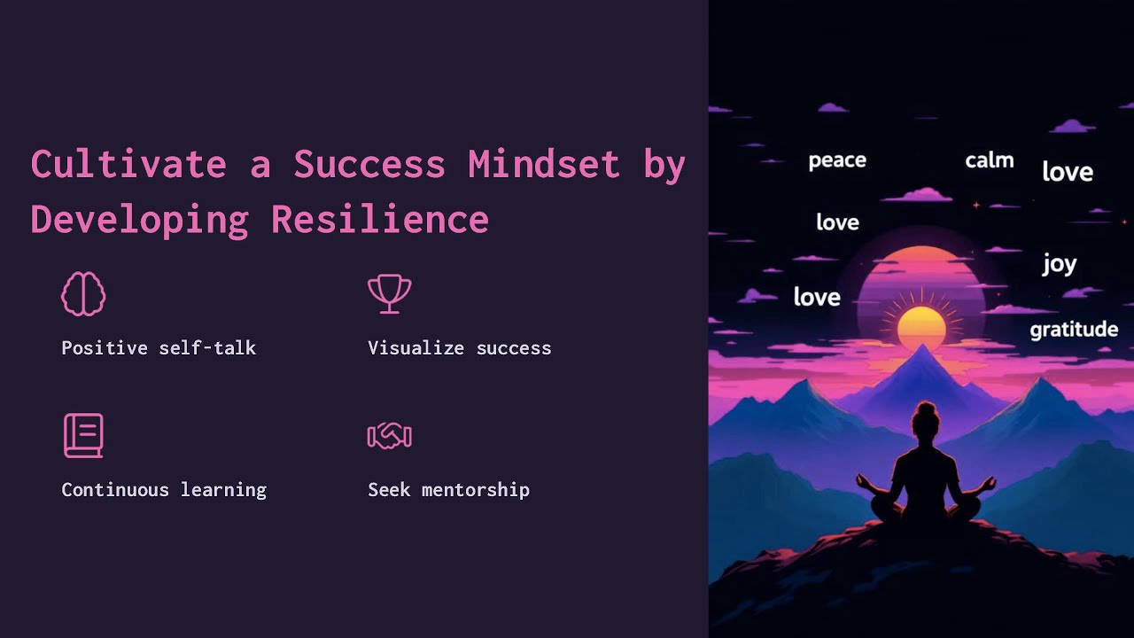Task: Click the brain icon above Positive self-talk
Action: tap(83, 293)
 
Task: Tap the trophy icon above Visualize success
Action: tap(390, 293)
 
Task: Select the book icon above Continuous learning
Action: tap(83, 435)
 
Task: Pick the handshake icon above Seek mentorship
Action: tap(390, 435)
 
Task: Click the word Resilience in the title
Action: tap(380, 220)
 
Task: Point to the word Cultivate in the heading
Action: tap(128, 165)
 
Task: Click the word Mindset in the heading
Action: tap(544, 165)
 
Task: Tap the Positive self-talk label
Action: tap(159, 348)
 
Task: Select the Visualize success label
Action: tap(459, 348)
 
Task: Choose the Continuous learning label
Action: tap(164, 490)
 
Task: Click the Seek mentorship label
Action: tap(448, 490)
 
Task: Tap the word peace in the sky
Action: tap(837, 160)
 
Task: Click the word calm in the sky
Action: tap(989, 160)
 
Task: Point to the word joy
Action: tap(1059, 264)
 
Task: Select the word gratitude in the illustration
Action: tap(1074, 330)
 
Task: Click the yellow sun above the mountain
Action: tap(921, 326)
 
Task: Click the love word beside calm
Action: tap(1067, 172)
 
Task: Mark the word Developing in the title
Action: tap(139, 220)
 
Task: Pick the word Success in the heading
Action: tap(369, 165)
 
